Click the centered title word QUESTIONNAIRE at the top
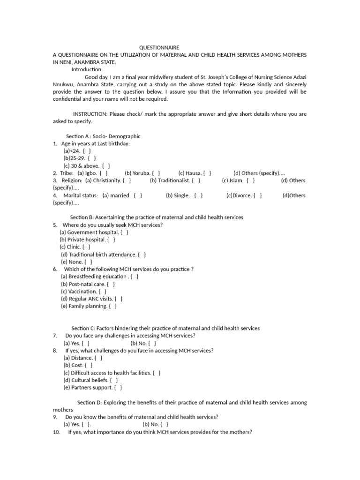[159, 47]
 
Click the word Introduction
[87, 69]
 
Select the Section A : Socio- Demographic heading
[104, 136]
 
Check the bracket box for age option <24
[86, 151]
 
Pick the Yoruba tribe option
[142, 173]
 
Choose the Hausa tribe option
[195, 173]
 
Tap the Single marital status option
[184, 195]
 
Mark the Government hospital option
[94, 232]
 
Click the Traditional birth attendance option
[103, 255]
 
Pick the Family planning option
[89, 306]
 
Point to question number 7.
[55, 336]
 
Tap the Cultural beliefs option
[90, 380]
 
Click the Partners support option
[93, 388]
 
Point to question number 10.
[57, 432]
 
